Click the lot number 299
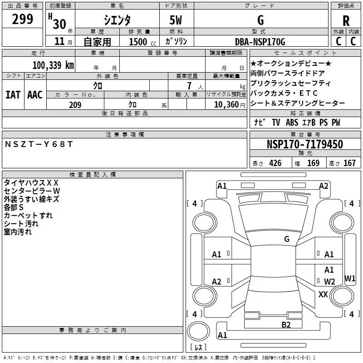[22, 20]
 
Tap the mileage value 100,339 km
[53, 65]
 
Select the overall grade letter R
[346, 21]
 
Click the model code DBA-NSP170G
[260, 42]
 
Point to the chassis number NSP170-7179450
[304, 145]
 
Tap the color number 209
[75, 105]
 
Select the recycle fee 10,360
[226, 105]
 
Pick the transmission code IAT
[13, 95]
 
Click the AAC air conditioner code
[35, 95]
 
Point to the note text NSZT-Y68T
[39, 144]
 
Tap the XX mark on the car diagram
[323, 294]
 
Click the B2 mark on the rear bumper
[286, 324]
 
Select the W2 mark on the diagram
[329, 282]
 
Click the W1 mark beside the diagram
[350, 278]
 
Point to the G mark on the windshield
[286, 239]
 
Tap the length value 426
[275, 163]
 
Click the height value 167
[349, 163]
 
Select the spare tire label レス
[198, 348]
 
